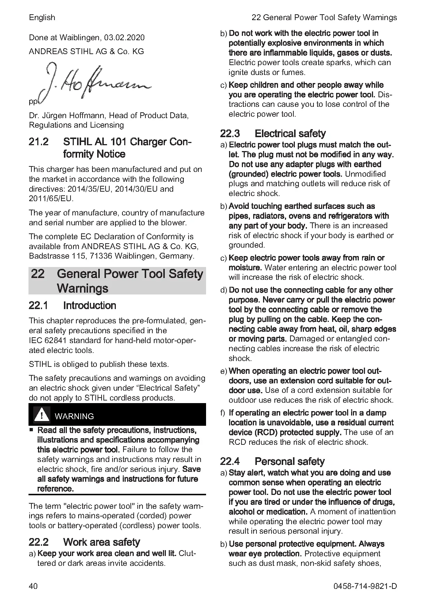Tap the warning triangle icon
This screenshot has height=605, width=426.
42,415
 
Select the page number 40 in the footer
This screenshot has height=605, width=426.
33,586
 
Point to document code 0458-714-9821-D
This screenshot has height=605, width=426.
365,586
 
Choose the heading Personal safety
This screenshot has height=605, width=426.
289,461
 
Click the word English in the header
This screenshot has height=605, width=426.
42,18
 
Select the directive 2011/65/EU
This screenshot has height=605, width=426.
51,199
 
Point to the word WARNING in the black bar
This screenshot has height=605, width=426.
74,416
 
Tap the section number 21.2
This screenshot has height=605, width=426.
39,142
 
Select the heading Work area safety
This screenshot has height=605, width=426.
102,542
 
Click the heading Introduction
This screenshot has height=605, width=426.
90,305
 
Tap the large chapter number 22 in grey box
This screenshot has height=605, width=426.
38,274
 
